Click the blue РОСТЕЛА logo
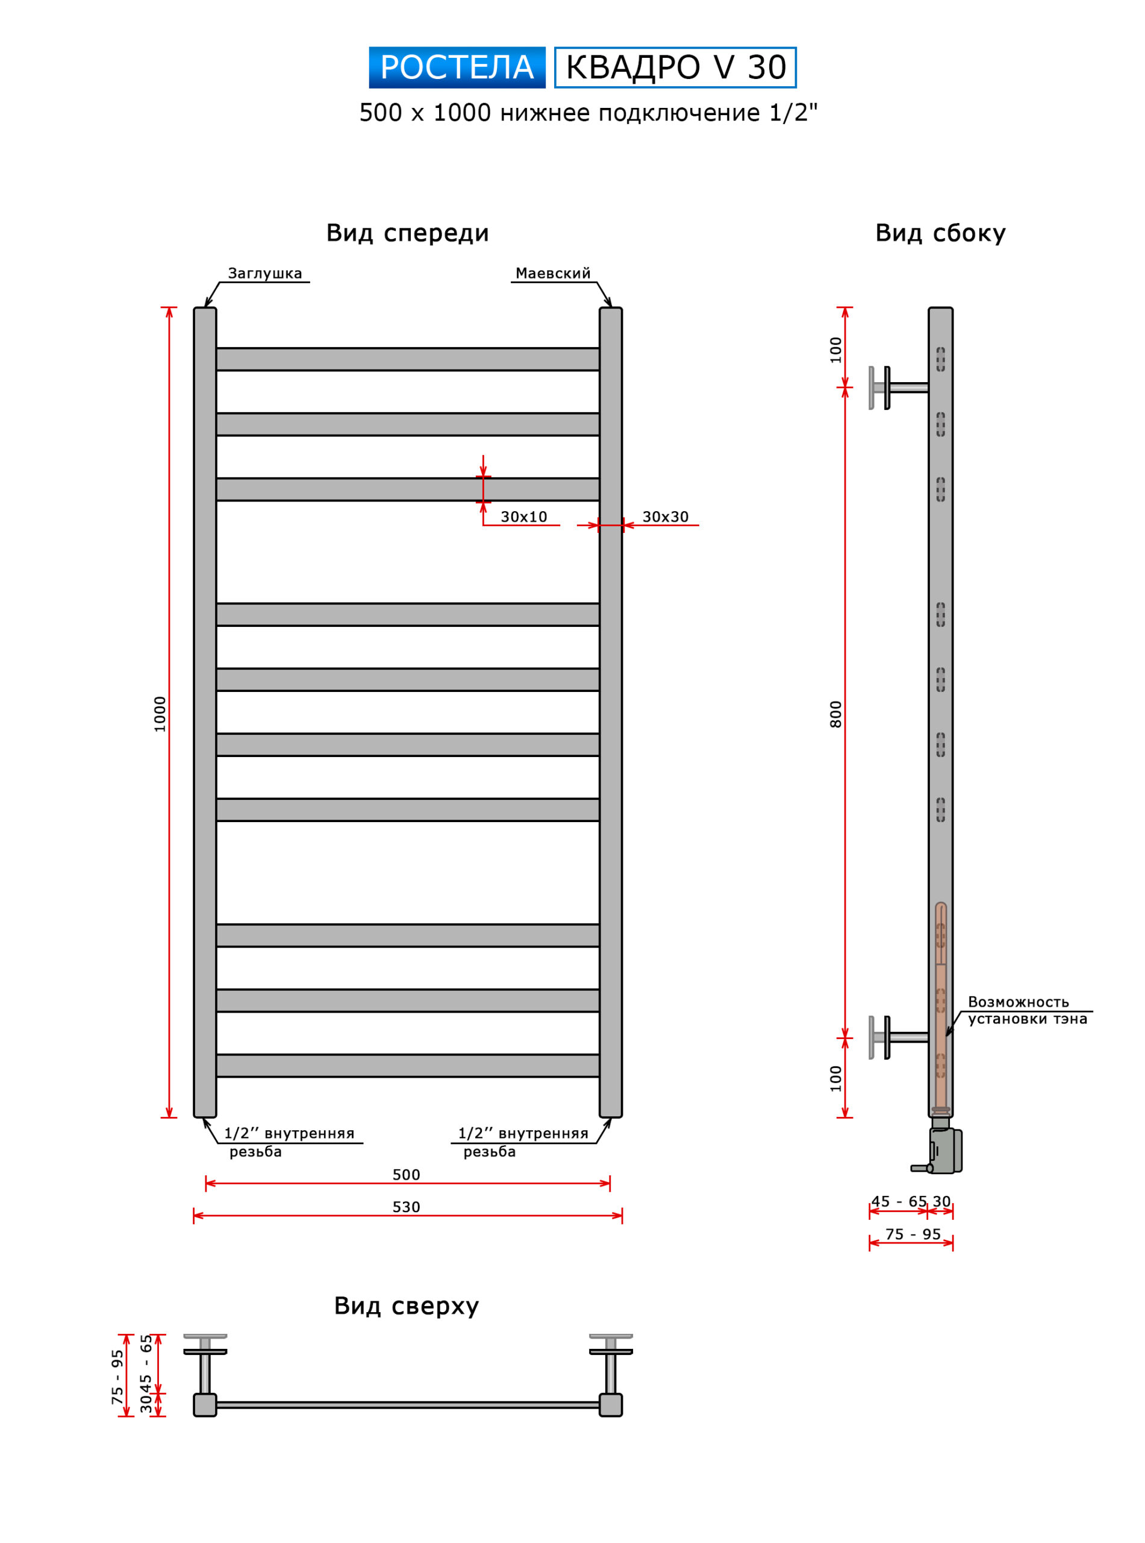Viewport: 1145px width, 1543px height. coord(457,68)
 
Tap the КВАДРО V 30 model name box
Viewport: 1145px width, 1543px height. coord(675,68)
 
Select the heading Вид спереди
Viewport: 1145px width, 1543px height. coord(408,233)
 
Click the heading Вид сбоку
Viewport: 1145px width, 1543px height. coord(940,233)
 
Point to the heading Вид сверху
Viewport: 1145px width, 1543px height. coord(406,1306)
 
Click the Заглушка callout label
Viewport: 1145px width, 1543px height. coord(265,273)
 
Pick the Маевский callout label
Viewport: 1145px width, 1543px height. coord(552,273)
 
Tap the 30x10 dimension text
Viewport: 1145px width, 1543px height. coord(523,517)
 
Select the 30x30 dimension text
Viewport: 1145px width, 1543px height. coord(665,517)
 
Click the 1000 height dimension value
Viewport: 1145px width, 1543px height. coord(160,714)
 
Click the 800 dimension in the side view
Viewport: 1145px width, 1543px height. coord(836,714)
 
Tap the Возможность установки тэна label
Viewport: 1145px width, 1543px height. coord(1026,1010)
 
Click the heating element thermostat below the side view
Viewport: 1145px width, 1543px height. coord(943,1151)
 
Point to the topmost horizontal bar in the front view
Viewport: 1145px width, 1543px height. coord(408,359)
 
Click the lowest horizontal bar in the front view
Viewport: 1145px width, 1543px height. coord(408,1066)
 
